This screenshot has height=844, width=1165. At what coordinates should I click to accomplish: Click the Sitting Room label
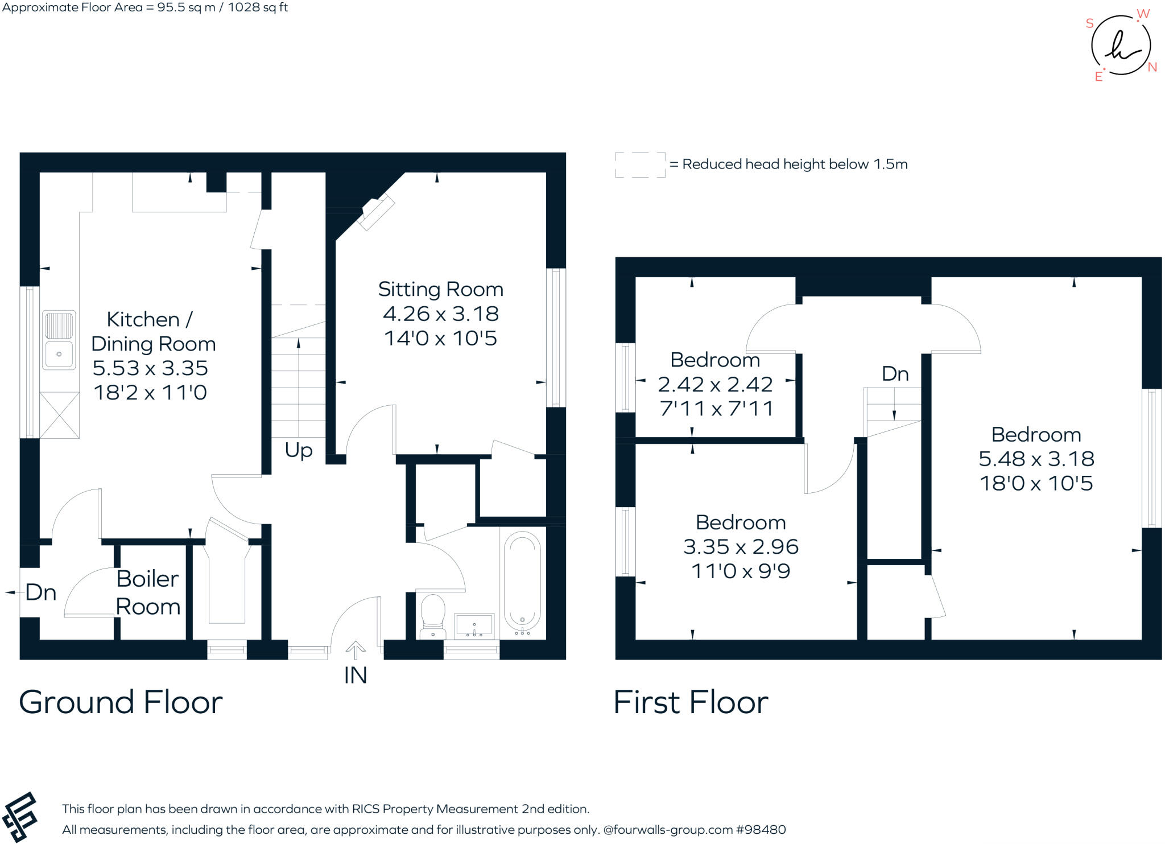coord(441,290)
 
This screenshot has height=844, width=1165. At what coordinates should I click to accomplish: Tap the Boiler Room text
coord(148,592)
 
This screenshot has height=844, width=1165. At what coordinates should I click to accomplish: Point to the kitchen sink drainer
coord(59,326)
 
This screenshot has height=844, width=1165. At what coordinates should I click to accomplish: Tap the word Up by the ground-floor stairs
coord(299,450)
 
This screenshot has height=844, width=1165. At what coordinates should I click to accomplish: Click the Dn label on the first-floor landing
coord(895,374)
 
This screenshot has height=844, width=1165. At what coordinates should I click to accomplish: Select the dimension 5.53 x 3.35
coord(150,368)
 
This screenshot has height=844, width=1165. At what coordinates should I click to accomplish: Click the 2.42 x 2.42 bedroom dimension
coord(715,385)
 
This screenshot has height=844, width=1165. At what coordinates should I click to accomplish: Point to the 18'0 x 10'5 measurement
coord(1036,484)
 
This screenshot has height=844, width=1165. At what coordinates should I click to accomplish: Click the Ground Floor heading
coord(121,702)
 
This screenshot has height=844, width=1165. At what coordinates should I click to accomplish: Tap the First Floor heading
coord(691,702)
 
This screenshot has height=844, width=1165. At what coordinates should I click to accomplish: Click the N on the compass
coord(1152,67)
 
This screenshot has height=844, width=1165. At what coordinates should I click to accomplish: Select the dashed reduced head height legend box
coord(640,165)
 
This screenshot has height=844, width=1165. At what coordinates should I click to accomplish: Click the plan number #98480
coord(761,830)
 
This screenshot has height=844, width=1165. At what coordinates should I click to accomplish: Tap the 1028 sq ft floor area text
coord(258,7)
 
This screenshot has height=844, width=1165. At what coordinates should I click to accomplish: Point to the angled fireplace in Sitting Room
coord(378,212)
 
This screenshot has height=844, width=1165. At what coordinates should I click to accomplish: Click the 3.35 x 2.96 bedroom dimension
coord(741,547)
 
